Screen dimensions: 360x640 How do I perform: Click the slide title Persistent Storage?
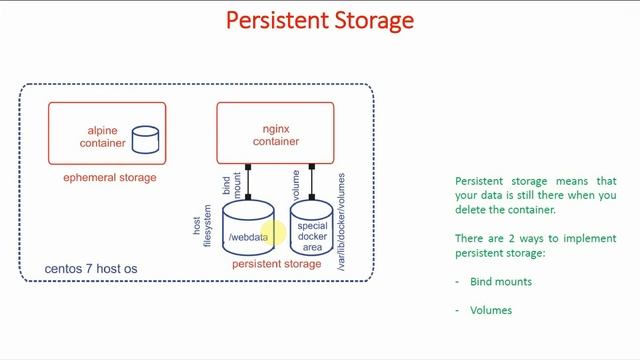(320, 20)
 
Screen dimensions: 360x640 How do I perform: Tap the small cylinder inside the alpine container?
(146, 139)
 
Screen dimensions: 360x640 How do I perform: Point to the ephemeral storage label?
(109, 178)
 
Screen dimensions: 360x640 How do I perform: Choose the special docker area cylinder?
(312, 232)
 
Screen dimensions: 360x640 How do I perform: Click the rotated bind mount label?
(231, 184)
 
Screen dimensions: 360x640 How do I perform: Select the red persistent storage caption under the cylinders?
(276, 265)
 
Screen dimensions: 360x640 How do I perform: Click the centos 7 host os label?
(91, 270)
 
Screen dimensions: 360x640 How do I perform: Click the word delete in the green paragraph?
(474, 210)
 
